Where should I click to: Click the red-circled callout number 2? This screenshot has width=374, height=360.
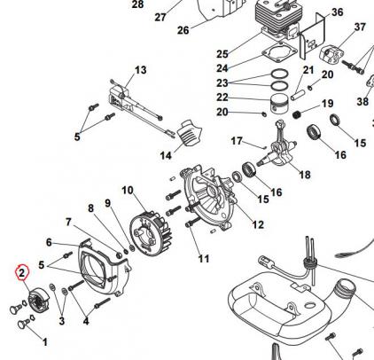click(21, 272)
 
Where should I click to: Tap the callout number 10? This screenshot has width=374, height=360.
click(128, 191)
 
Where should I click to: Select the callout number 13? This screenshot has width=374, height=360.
click(141, 70)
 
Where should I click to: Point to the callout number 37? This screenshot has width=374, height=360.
click(360, 27)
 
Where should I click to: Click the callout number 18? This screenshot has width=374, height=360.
click(305, 175)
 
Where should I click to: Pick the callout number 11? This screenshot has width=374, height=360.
click(204, 259)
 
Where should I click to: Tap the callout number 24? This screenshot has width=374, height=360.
click(222, 68)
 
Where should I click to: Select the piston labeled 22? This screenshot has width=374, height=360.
click(279, 105)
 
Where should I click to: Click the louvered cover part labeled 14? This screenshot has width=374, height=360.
click(190, 133)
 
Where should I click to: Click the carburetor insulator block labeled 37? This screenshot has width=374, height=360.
click(331, 55)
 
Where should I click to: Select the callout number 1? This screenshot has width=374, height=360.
click(45, 342)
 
